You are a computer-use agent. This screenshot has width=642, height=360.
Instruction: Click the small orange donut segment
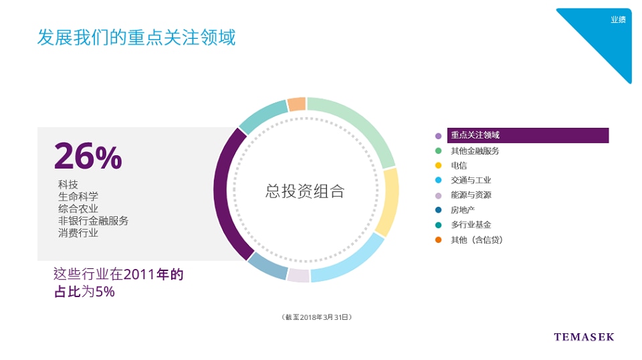297,104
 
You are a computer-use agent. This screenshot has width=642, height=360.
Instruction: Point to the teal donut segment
262,115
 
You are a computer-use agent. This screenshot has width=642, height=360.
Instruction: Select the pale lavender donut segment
298,275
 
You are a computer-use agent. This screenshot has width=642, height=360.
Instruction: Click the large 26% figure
88,156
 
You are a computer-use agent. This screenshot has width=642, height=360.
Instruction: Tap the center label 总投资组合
305,191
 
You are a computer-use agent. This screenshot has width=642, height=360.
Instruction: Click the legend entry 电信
459,165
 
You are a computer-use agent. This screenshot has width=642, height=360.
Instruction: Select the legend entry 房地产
463,210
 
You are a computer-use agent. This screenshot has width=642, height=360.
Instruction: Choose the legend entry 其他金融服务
475,151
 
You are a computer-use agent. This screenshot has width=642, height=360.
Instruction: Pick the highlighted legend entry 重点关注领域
475,135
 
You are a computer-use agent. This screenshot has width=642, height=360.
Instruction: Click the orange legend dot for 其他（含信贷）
438,240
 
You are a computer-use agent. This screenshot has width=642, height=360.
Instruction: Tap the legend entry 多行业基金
471,225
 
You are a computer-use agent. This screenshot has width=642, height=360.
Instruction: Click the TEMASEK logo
584,337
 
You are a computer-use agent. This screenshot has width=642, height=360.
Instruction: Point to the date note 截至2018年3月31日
316,317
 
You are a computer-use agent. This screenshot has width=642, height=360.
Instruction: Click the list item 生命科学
78,197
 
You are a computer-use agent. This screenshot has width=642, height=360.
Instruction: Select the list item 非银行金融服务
94,221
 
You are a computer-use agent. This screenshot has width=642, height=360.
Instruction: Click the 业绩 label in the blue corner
618,19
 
